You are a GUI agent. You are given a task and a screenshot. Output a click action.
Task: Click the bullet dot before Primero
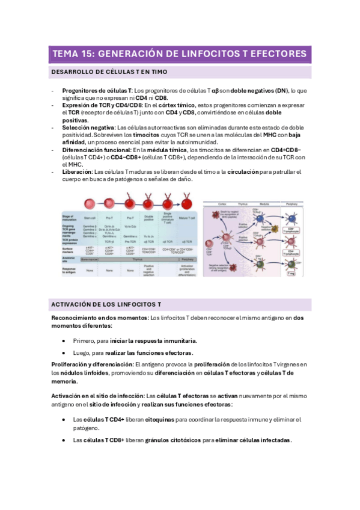[64, 340]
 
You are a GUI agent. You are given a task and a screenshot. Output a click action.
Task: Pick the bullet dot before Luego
[64, 352]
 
